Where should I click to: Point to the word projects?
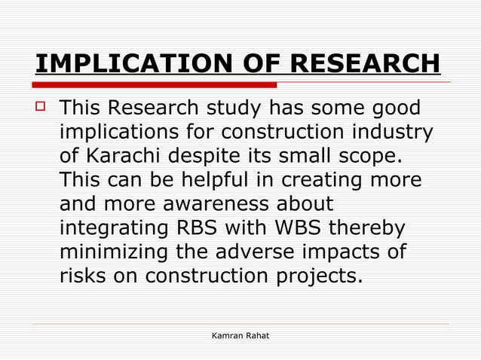316,277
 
